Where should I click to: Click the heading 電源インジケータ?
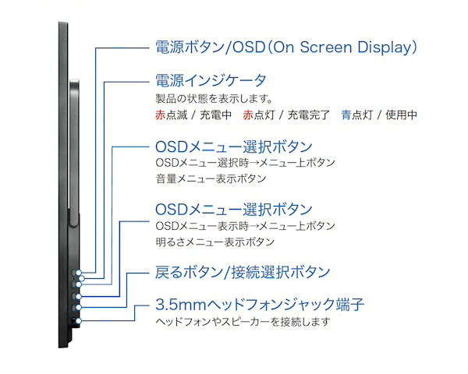click(x=211, y=80)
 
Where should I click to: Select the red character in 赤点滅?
click(x=160, y=115)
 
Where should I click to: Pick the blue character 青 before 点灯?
click(x=346, y=115)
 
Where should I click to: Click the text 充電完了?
click(x=308, y=115)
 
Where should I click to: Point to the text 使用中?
click(x=401, y=115)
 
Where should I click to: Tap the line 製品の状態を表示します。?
click(x=214, y=98)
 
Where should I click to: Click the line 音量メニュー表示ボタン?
click(x=211, y=179)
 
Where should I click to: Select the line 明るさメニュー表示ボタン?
click(x=215, y=242)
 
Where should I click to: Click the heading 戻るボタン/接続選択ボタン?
click(x=243, y=272)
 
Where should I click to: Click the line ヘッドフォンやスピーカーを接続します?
click(x=243, y=322)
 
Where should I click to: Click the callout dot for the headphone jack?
click(x=78, y=321)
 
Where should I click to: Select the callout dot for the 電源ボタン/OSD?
click(x=78, y=273)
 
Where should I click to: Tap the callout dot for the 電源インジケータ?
click(x=81, y=279)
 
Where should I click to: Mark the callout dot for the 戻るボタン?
click(x=78, y=308)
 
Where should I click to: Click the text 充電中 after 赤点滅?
click(x=215, y=115)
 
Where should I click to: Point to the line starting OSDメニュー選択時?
click(x=245, y=163)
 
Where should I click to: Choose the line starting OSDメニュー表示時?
click(x=245, y=226)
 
